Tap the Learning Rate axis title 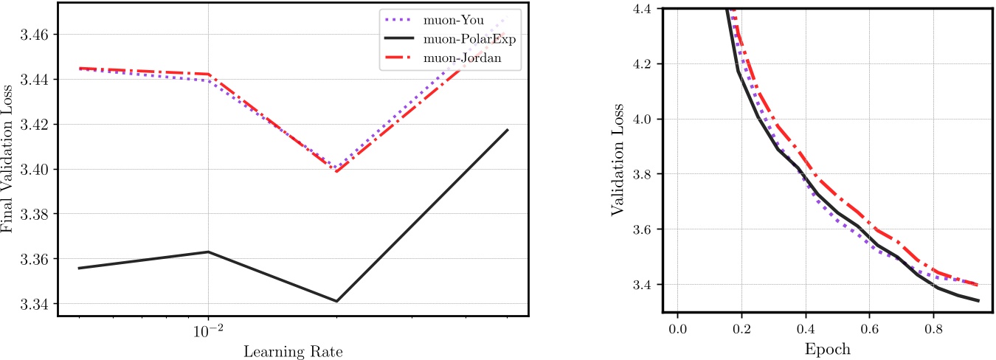(293, 350)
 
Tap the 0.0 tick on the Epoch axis (677, 327)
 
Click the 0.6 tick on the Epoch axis (870, 327)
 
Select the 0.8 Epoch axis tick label (934, 327)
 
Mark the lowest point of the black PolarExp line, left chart (336, 301)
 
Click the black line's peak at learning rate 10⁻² (208, 252)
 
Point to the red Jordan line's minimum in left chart (336, 172)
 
